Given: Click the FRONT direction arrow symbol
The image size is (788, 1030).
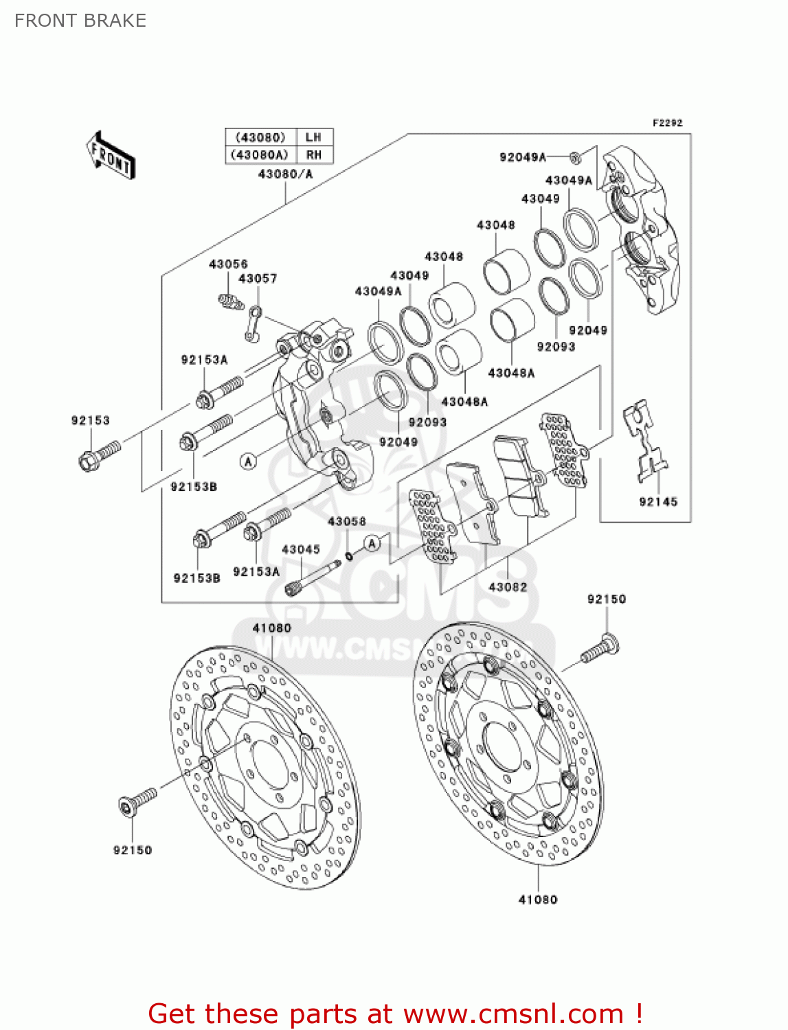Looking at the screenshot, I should [110, 155].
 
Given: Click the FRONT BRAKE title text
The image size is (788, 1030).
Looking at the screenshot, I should [80, 21].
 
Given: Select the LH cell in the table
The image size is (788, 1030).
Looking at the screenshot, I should [313, 137].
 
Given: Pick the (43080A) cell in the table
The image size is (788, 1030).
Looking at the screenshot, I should [260, 155].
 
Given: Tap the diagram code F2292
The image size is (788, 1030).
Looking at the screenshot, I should [667, 123].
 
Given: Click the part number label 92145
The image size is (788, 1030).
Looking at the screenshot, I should [658, 502].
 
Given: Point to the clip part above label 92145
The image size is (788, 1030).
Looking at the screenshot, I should [645, 440].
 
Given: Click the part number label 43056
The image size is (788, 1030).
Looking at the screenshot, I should [228, 264].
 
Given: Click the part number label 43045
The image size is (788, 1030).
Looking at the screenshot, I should [301, 549].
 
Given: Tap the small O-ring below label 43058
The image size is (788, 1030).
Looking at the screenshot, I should [349, 555].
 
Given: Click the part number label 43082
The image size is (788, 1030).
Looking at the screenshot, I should [508, 587].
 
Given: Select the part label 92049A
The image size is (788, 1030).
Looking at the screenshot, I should [522, 157].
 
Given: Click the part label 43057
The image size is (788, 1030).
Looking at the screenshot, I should [258, 279].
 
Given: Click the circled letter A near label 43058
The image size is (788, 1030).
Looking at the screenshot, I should [372, 544].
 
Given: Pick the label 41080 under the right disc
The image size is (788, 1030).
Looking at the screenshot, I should [538, 900].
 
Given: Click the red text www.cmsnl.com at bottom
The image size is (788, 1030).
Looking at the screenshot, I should [513, 1014].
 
